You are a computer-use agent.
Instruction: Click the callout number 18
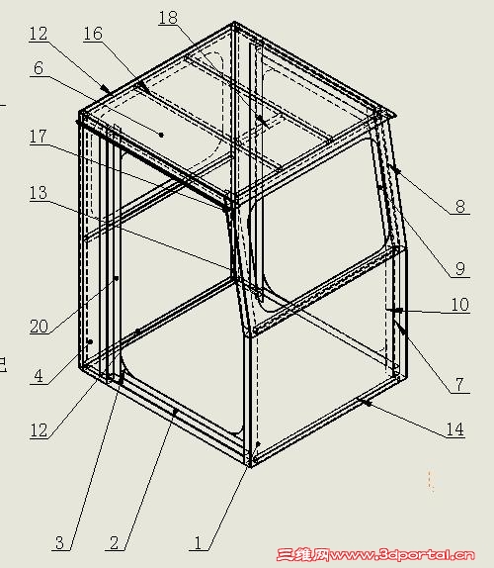coord(168,18)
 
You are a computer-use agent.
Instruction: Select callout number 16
coord(93,34)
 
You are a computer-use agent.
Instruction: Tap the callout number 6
coord(39,68)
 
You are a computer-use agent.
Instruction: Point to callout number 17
coord(38,137)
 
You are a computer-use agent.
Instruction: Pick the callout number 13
coord(38,193)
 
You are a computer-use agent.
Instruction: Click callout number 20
coord(39,326)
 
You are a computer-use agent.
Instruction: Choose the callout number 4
coord(39,376)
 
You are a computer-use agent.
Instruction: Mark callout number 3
coord(59,542)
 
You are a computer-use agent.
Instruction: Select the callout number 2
coord(115,542)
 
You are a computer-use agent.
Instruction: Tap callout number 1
coord(198,542)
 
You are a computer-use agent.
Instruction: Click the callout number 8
coord(460,207)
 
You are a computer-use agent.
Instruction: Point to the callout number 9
coord(460,269)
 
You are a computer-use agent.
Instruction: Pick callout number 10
coord(460,305)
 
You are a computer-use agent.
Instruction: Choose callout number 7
coord(459,384)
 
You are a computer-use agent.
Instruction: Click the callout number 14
coord(454,429)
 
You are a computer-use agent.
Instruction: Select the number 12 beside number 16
coord(39,34)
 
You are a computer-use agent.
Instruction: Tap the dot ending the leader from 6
coord(161,135)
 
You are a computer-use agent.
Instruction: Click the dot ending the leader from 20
coord(117,278)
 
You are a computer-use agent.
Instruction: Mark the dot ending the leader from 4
coord(91,341)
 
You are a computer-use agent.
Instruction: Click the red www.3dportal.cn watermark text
coord(401,554)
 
